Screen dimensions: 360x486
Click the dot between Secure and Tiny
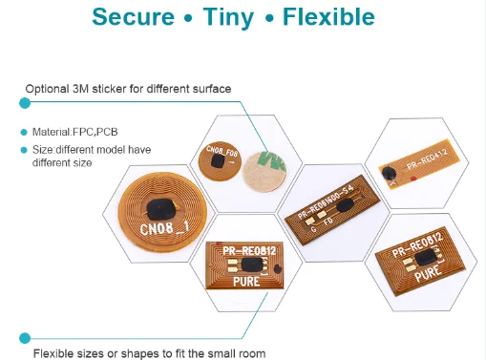coord(201,20)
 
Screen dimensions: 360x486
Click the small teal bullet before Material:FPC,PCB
coord(24,132)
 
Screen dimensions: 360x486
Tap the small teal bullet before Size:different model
coord(24,150)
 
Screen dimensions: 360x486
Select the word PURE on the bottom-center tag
coord(245,283)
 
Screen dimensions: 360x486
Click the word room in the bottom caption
coord(250,353)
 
